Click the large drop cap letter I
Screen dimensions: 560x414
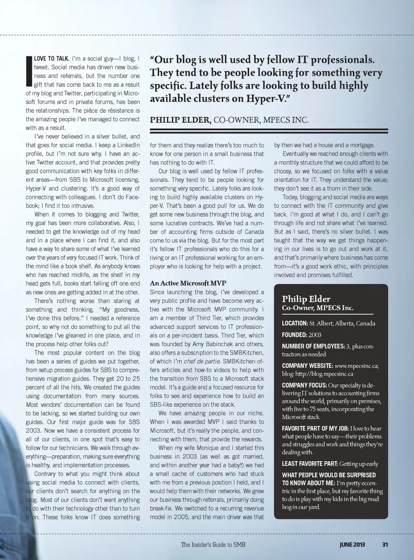click(x=29, y=72)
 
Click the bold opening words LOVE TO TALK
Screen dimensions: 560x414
click(x=52, y=59)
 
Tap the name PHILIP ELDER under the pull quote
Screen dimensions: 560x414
click(x=180, y=120)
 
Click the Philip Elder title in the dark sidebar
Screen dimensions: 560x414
click(x=306, y=299)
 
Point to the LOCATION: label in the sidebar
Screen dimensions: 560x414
click(x=295, y=323)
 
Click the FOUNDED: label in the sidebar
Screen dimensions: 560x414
click(x=294, y=335)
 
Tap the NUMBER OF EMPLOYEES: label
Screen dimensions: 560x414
click(x=313, y=346)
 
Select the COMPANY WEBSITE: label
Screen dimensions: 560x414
click(x=307, y=366)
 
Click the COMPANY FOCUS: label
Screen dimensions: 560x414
click(x=304, y=385)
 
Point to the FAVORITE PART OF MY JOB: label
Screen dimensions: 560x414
click(x=315, y=428)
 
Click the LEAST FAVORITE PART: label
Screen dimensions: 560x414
click(x=310, y=464)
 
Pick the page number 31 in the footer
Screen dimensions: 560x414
click(x=385, y=544)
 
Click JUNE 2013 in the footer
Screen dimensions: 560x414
click(x=352, y=544)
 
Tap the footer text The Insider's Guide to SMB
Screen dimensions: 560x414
click(x=213, y=544)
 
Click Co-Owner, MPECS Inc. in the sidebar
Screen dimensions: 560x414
click(x=317, y=308)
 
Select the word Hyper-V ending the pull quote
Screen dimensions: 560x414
click(x=267, y=98)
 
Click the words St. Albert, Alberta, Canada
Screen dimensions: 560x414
click(x=342, y=323)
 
